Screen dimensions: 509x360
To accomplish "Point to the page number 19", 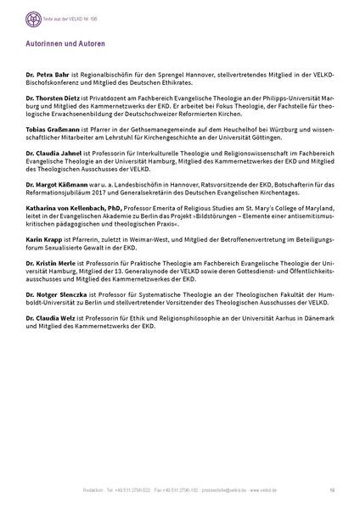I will pos(329,490).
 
